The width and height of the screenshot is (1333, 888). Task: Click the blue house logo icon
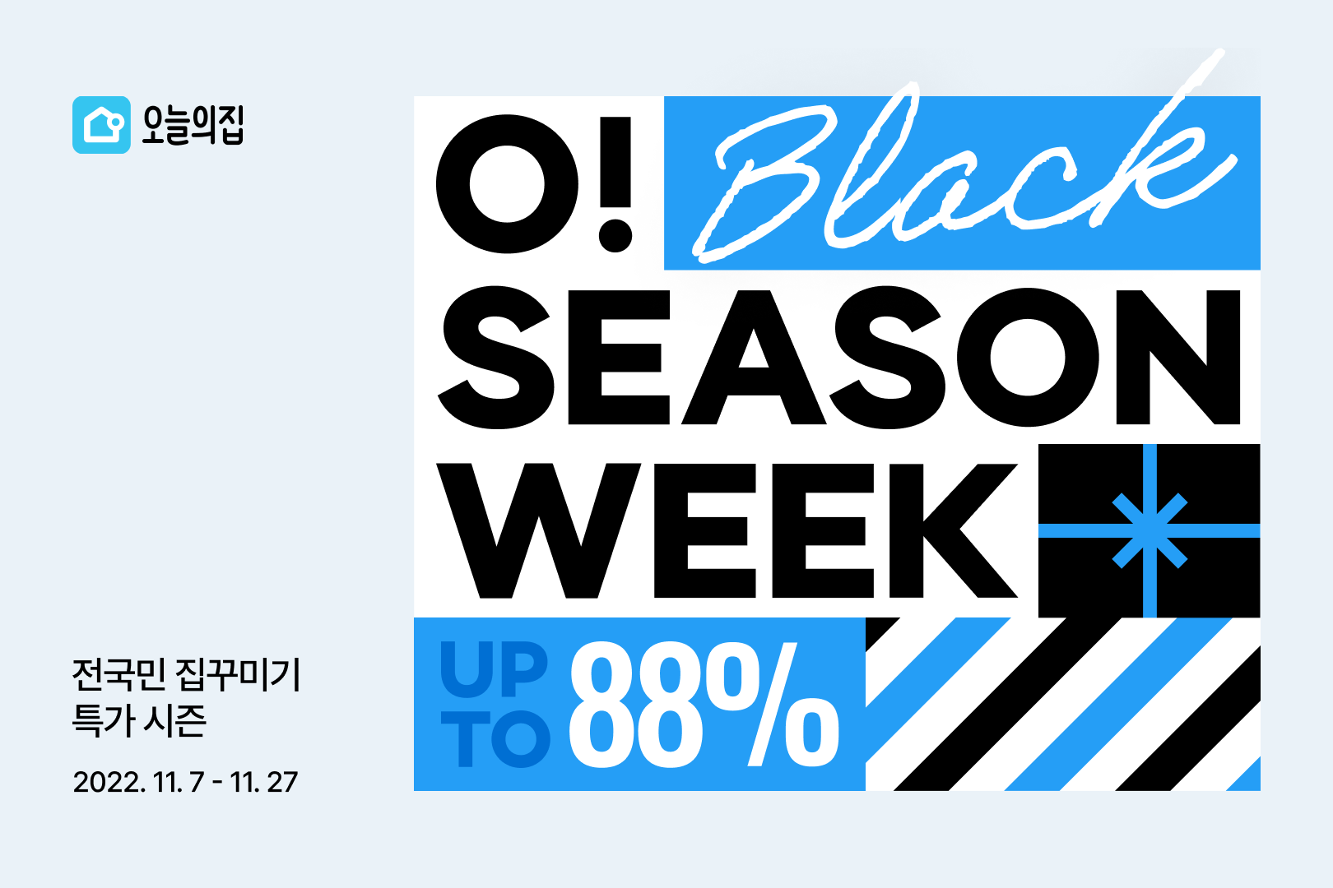click(101, 125)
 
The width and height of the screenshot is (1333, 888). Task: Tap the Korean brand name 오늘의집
click(193, 125)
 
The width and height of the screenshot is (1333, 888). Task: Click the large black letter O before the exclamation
click(507, 184)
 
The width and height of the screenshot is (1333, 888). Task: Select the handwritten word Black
click(963, 173)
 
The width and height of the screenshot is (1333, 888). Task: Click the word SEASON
click(839, 358)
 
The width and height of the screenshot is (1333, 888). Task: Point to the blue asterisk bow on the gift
click(1150, 530)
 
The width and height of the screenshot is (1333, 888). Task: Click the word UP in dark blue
click(494, 668)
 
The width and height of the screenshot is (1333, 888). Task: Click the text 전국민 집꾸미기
click(187, 675)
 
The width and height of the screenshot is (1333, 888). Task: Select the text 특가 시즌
click(139, 720)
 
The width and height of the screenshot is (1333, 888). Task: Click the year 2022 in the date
click(108, 782)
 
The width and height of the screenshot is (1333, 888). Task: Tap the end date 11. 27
click(264, 782)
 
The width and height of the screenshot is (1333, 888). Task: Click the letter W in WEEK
click(539, 530)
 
